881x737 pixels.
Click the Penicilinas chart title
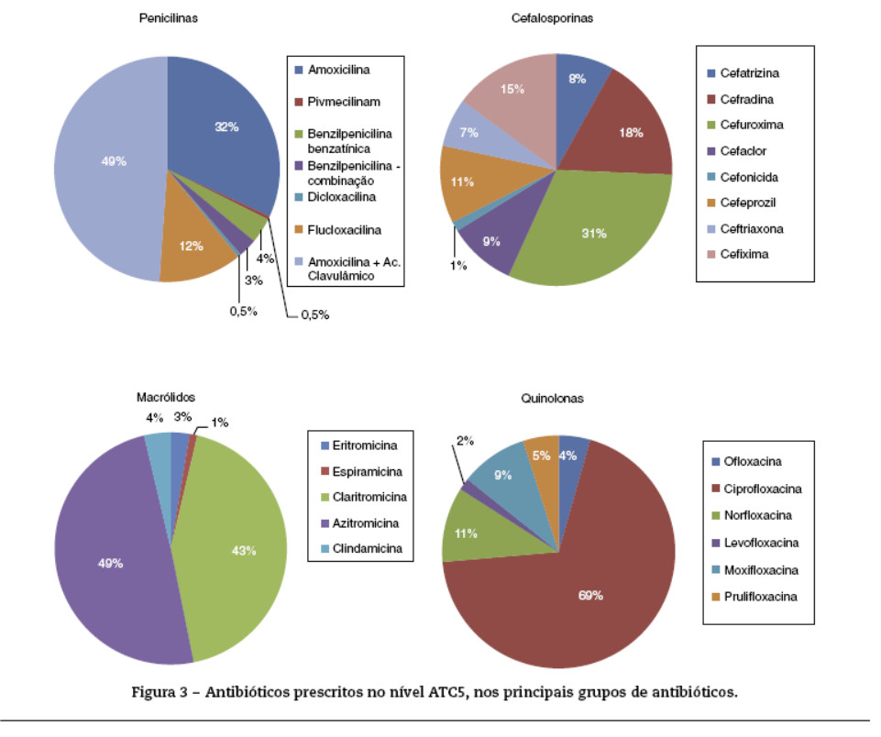(x=169, y=17)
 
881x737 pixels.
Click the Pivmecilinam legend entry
(x=344, y=102)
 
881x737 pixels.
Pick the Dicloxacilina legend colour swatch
(x=299, y=196)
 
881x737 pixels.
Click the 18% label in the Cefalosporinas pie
(x=631, y=133)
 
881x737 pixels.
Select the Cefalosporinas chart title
(x=557, y=17)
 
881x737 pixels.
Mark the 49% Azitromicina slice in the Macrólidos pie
(x=110, y=563)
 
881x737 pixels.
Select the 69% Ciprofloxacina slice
(x=587, y=596)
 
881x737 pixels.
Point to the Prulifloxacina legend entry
(x=761, y=596)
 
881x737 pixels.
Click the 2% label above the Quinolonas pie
(x=465, y=441)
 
